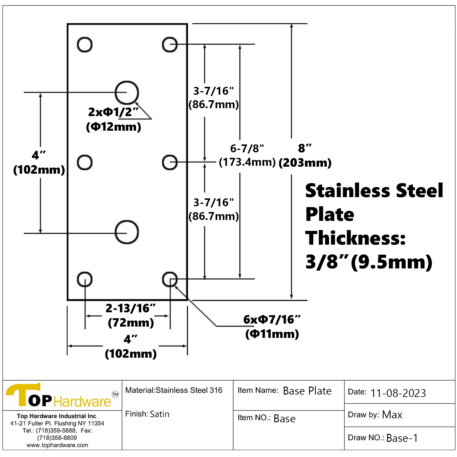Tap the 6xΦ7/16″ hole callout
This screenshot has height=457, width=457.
click(272, 327)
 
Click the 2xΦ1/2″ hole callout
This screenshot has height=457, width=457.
click(113, 119)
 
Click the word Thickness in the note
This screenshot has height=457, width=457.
click(356, 238)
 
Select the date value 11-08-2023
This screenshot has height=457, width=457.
click(398, 393)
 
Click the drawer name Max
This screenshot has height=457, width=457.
click(392, 415)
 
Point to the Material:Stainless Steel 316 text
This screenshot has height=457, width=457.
click(174, 390)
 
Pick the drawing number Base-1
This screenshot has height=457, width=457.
click(402, 438)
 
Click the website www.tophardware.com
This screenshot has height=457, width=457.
click(57, 445)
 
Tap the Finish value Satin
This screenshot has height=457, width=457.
click(160, 414)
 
